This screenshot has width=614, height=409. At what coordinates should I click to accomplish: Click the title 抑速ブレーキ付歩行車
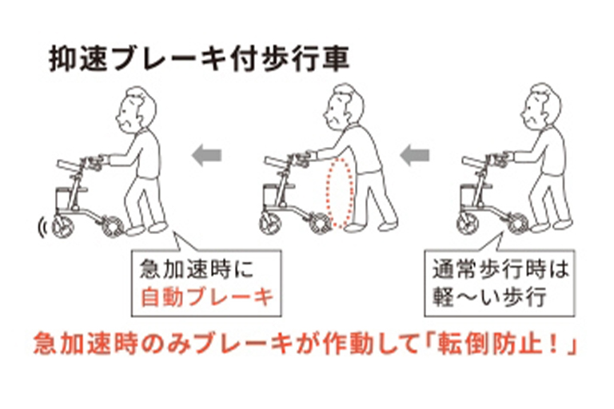(x=199, y=60)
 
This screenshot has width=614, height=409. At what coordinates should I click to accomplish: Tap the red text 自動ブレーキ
(x=207, y=297)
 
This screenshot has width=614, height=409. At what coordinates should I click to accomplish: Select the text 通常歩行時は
(x=500, y=269)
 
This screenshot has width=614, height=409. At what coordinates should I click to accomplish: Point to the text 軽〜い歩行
(x=489, y=297)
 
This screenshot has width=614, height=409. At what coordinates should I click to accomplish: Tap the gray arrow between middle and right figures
(x=414, y=156)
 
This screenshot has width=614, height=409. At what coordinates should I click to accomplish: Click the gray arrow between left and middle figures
(x=206, y=156)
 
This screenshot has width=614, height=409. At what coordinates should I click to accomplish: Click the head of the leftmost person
(x=135, y=109)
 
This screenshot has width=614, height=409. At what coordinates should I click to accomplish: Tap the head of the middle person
(x=343, y=105)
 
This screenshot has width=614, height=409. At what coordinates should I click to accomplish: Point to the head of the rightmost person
(x=540, y=105)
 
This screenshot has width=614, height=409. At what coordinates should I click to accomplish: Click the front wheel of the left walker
(x=62, y=227)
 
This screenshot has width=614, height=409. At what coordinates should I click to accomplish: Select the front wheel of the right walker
(x=468, y=224)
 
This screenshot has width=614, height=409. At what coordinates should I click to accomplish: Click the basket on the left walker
(x=64, y=200)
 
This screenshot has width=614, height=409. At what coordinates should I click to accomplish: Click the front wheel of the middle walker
(x=270, y=224)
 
